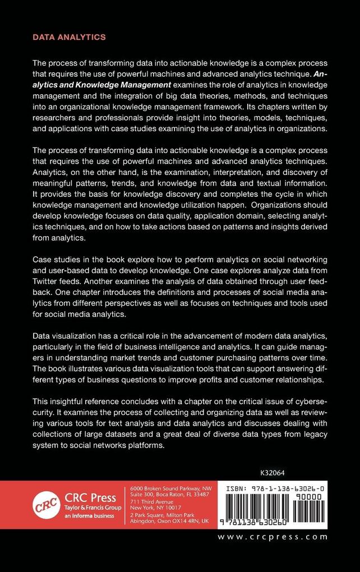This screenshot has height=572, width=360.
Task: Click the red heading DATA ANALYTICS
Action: (x=69, y=38)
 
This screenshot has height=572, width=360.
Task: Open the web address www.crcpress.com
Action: (x=272, y=537)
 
